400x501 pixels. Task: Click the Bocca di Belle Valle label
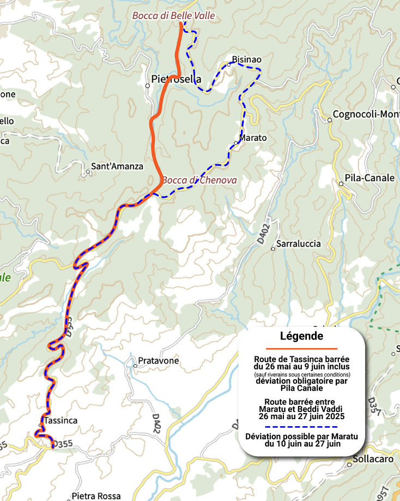pos(173,16)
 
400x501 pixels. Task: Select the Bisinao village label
pos(247,59)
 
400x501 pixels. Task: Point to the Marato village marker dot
pos(236,143)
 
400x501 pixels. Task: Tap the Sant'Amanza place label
pos(117,166)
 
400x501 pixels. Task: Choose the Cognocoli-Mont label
pos(367,114)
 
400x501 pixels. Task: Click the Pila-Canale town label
pos(369,178)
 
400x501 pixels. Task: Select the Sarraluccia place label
pos(299,243)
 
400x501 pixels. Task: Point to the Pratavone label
pos(158,361)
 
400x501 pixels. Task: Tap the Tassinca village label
pos(61,420)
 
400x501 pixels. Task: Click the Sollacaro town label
pos(373,459)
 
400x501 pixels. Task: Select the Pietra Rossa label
pos(96,496)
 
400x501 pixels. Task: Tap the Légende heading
pos(301,336)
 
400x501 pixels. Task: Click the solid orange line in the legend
pos(301,348)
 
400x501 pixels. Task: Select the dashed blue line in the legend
pos(301,426)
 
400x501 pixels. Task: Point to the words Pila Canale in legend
pos(301,389)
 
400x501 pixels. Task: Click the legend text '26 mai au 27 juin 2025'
pos(301,416)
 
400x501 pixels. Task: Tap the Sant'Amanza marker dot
pos(88,172)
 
